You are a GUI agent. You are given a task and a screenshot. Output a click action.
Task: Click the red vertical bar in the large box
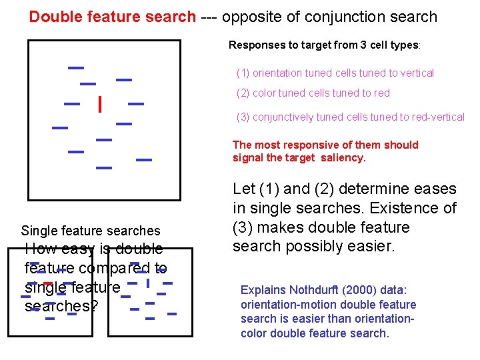[99, 105]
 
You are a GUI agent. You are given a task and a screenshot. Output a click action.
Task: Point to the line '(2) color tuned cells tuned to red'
[313, 93]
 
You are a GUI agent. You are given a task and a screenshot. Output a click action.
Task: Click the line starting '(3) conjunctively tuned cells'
[350, 117]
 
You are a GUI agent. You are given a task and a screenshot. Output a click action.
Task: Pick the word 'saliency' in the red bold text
[343, 158]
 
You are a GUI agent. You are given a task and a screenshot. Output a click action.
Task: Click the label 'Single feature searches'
[91, 231]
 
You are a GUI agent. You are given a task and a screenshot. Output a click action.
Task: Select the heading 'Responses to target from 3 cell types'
[324, 45]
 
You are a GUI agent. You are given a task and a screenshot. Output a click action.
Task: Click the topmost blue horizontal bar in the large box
[76, 67]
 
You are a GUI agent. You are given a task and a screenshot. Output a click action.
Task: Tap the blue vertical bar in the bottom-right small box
[147, 283]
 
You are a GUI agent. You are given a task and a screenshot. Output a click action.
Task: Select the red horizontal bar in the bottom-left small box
[47, 283]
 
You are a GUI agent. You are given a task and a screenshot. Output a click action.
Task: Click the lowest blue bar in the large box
[104, 167]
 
